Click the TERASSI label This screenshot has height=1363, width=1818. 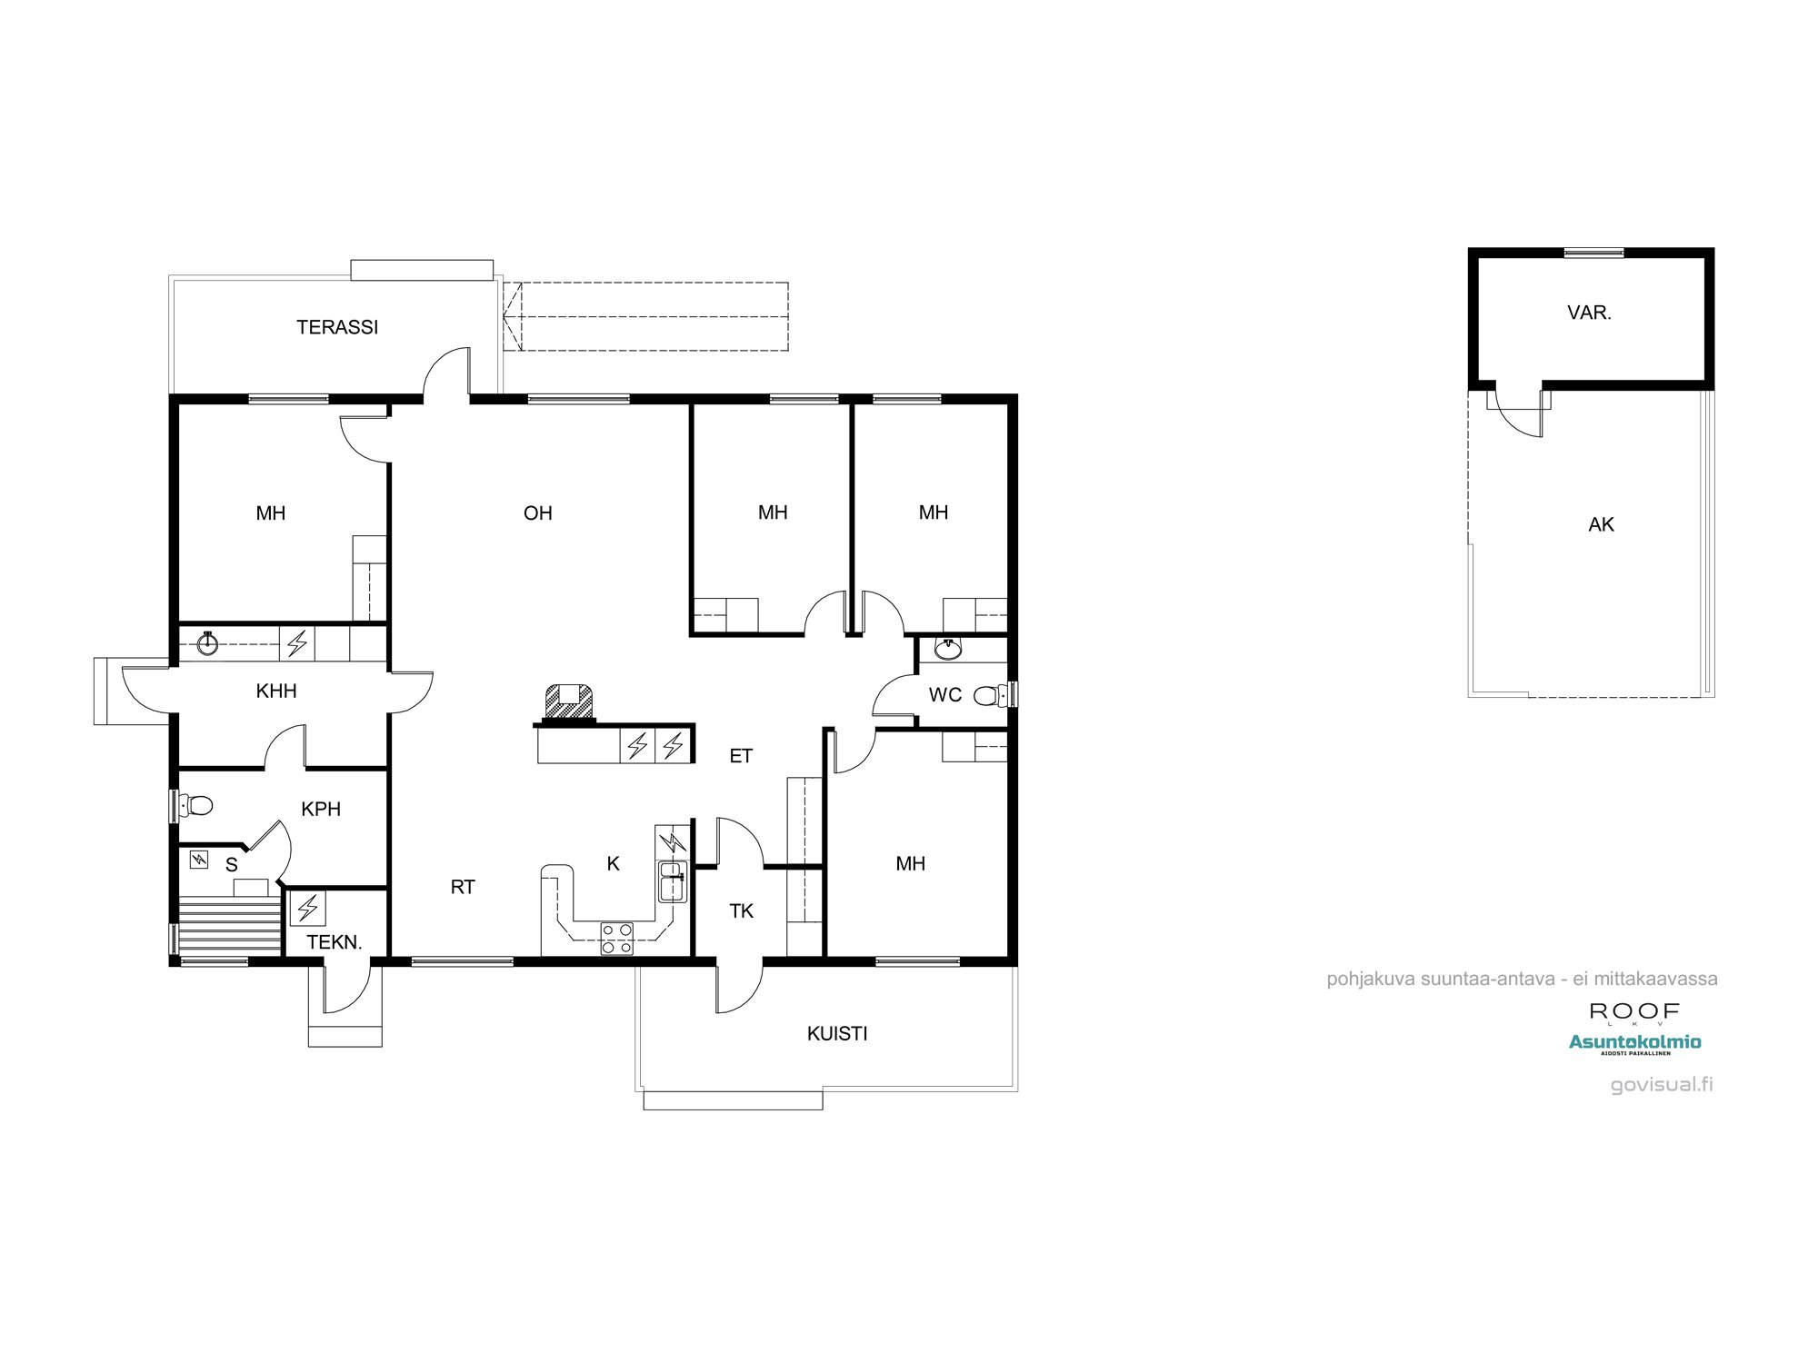coord(337,327)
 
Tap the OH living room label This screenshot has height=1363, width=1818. coord(538,513)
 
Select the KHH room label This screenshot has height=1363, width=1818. coord(276,691)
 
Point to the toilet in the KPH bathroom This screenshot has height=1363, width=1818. coord(197,805)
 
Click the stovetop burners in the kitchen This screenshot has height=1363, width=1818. coord(617,939)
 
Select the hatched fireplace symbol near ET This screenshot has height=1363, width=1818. coord(568,702)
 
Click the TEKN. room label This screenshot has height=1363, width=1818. coord(335,942)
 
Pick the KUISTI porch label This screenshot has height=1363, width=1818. coord(837,1033)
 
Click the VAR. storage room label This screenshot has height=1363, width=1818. coord(1589,313)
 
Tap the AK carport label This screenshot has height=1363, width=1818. coord(1601,524)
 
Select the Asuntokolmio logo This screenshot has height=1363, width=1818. coord(1634,1042)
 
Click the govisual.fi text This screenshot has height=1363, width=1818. coord(1661,1084)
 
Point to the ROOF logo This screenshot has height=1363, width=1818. coord(1633,1011)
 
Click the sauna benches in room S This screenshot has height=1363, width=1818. coord(229,924)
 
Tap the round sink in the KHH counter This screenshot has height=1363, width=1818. coord(208,644)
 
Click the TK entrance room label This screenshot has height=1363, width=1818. coord(741,910)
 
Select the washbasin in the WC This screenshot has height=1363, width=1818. coord(948,649)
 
